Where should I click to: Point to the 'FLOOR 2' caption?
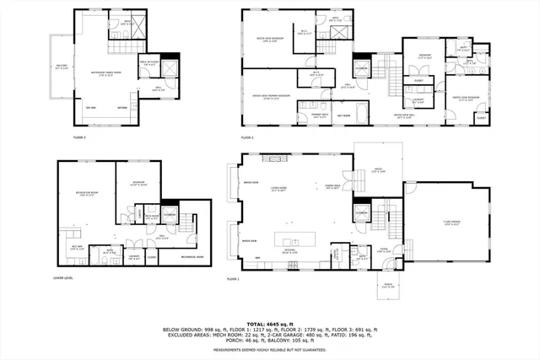pyautogui.click(x=246, y=137)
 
